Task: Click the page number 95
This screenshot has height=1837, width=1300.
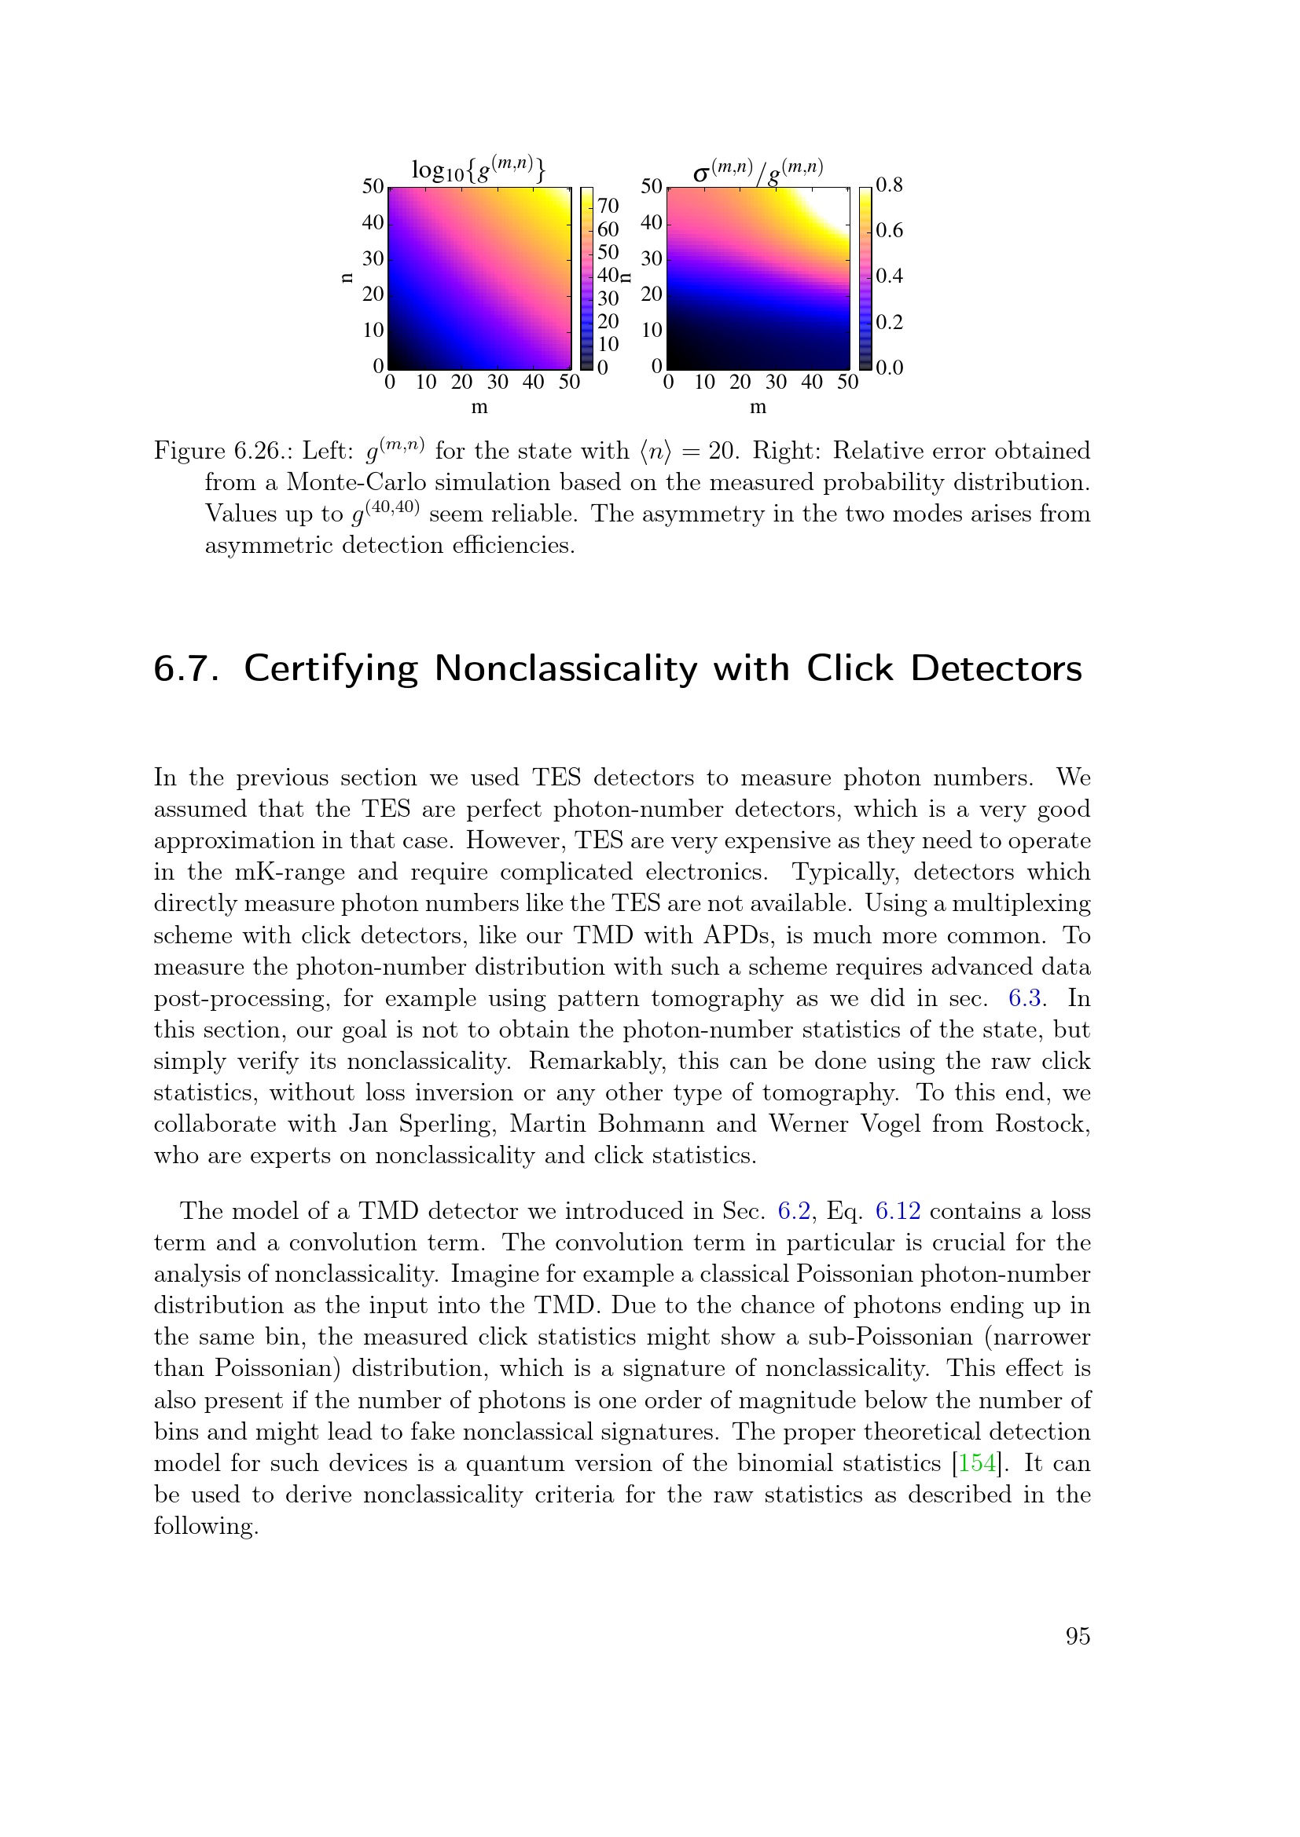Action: [x=1078, y=1636]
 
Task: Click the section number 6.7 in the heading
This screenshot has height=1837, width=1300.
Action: [x=185, y=669]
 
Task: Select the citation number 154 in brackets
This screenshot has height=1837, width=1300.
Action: [x=977, y=1463]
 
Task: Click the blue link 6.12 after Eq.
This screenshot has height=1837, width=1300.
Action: [x=898, y=1211]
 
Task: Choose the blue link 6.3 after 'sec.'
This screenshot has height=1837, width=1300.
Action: [x=1024, y=998]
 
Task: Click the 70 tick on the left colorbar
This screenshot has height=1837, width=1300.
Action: [x=608, y=207]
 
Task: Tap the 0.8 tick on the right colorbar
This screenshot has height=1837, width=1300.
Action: [x=889, y=185]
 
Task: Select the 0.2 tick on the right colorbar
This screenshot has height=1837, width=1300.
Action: [x=889, y=323]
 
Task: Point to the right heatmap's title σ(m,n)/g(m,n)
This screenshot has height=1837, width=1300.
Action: [x=757, y=170]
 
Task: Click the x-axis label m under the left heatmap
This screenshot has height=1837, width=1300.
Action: [x=479, y=408]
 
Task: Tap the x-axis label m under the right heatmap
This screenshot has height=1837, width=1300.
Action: [x=757, y=408]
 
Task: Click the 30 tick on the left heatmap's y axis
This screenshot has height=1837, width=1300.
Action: [x=373, y=258]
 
